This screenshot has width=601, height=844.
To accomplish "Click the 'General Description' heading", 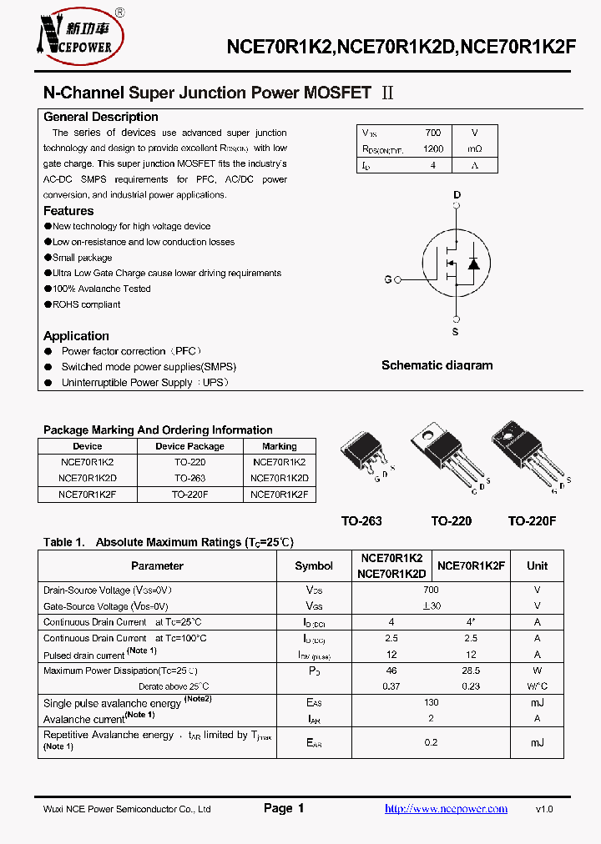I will tap(100, 117).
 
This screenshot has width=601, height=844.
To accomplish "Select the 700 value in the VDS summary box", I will tap(432, 133).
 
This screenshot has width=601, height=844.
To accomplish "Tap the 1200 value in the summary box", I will tap(432, 149).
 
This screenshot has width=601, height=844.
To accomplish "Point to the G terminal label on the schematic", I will tap(388, 279).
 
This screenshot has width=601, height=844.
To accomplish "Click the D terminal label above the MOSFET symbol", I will tap(457, 195).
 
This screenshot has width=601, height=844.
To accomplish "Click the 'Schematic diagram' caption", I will tap(437, 365).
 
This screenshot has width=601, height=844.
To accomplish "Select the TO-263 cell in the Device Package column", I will tap(189, 479).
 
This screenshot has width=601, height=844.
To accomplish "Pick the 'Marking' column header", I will tap(279, 446).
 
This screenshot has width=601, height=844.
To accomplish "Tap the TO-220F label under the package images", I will tap(532, 521).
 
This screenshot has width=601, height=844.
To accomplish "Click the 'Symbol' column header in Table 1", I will tap(314, 565).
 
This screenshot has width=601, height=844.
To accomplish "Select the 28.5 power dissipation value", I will tap(471, 671).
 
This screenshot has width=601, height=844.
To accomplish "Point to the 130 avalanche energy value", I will tap(431, 702).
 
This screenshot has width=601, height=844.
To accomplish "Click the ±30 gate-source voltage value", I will tap(431, 606).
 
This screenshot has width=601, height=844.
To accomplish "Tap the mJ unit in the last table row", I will tap(537, 742).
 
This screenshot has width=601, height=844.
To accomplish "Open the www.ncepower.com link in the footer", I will tap(446, 809).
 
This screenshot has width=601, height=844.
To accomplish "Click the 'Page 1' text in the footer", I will tap(284, 808).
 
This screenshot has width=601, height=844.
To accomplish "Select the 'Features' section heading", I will tap(68, 211).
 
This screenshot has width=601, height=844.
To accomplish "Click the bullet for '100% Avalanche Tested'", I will tap(48, 289).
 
